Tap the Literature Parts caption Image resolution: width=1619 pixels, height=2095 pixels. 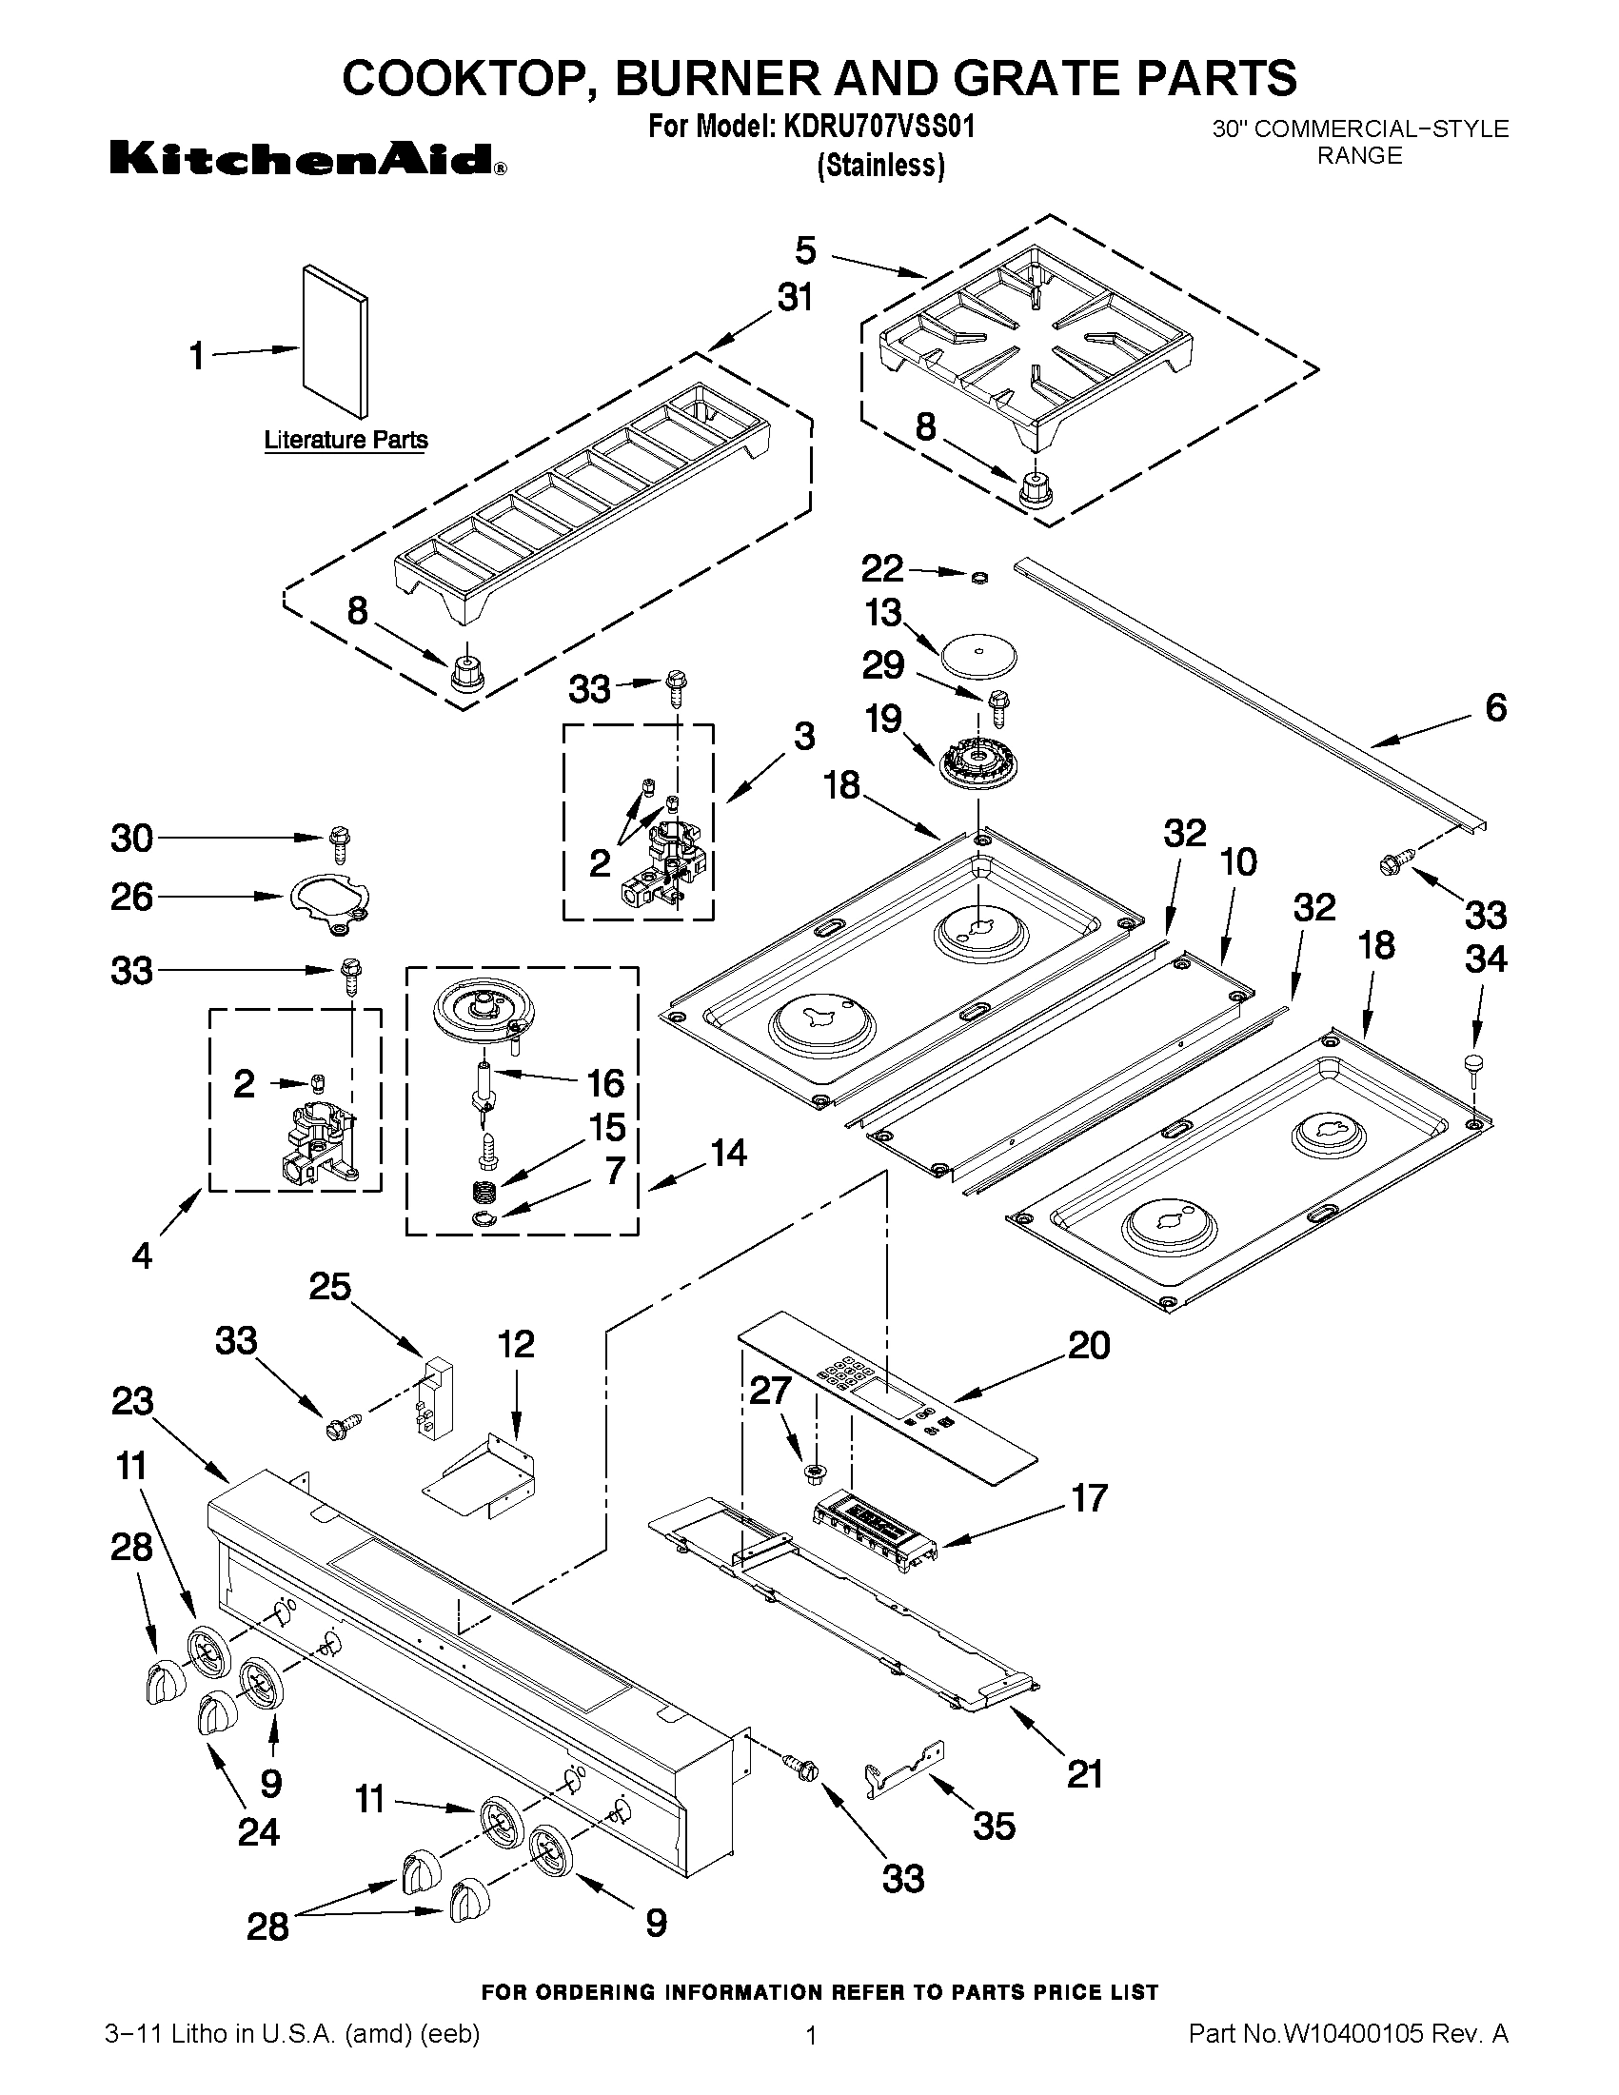click(346, 441)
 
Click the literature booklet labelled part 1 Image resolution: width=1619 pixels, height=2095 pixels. click(334, 344)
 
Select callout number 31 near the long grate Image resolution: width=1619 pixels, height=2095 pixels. click(794, 297)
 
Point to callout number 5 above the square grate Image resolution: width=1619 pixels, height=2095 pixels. click(805, 251)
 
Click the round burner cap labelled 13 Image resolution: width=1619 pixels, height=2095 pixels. click(976, 658)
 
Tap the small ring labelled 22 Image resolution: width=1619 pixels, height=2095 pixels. click(979, 578)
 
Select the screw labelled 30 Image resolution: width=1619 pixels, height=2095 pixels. click(339, 844)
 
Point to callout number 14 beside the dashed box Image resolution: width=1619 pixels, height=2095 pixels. click(728, 1152)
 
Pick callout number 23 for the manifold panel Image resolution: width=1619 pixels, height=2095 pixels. click(132, 1401)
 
